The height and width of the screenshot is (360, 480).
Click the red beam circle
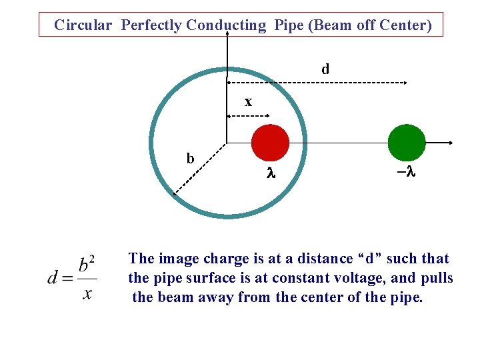coord(270,142)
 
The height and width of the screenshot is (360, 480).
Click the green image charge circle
coord(407,142)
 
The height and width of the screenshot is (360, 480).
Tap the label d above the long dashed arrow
coord(325,69)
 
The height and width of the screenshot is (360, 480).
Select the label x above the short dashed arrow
coord(248,102)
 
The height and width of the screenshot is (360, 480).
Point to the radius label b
coord(190,159)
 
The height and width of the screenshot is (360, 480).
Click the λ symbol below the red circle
coord(271,174)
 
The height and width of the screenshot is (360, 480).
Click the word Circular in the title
coord(83,25)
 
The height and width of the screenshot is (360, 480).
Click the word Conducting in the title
coord(226,25)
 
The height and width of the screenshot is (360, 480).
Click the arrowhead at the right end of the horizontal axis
coord(452,143)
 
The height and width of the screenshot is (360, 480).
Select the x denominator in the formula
coord(87,293)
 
